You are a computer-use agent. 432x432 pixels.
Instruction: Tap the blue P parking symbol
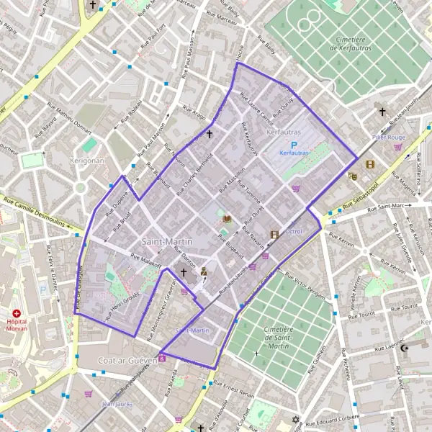pos(294,145)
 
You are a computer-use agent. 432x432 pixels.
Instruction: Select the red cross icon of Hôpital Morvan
pos(17,313)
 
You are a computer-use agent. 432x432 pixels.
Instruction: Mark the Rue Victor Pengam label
pos(305,286)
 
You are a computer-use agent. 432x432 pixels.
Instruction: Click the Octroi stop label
pos(294,231)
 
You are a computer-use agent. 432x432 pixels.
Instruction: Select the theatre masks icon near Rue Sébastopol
pos(353,176)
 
